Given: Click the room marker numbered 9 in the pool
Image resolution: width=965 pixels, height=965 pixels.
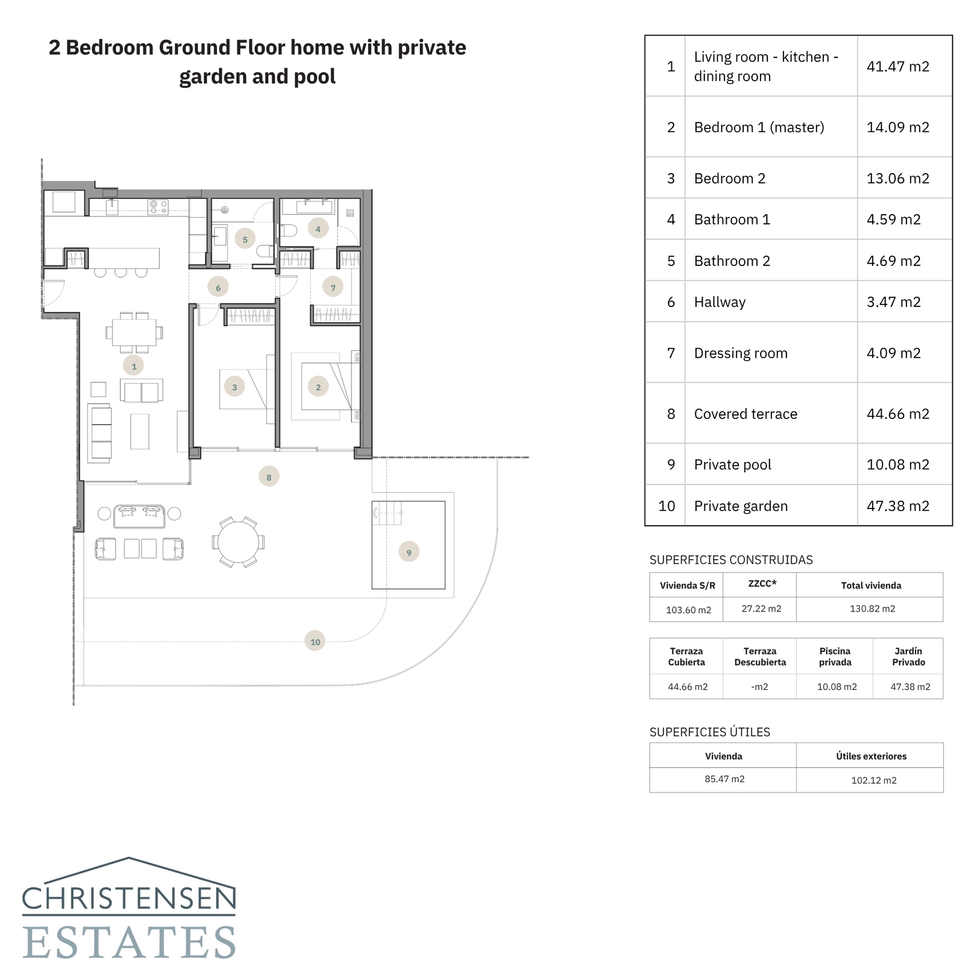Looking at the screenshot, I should pos(409,552).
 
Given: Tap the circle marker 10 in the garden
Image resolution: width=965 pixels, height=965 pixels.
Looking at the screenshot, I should pos(315,641).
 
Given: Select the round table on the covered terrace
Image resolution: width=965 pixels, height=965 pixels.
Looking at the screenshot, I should pos(238,542).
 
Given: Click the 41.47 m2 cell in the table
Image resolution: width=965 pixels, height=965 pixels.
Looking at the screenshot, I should pos(897,66).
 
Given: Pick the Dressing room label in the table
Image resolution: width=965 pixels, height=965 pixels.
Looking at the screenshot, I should pos(740,353).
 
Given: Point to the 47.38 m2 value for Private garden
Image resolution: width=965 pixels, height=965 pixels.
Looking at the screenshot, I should pos(897,506).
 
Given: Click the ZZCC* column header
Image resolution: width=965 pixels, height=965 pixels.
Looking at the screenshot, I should pos(762,584).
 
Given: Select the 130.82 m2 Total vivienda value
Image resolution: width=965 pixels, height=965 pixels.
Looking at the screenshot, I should pos(872,609).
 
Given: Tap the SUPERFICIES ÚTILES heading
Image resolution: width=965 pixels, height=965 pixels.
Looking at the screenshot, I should pos(709,732).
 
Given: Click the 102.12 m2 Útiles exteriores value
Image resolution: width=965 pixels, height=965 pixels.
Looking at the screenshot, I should pos(873,780).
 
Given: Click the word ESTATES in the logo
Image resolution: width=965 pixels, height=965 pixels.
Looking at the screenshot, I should pos(129,942).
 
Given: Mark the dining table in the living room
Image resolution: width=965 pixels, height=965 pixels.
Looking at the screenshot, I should pos(134,332).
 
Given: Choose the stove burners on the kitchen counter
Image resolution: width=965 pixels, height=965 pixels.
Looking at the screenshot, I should pos(159,207).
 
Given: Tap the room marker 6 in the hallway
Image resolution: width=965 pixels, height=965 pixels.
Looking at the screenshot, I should pos(218,288).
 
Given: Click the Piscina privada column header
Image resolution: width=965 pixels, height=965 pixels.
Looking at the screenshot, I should pos(835,656).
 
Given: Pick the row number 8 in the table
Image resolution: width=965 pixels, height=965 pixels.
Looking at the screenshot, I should pos(670,414).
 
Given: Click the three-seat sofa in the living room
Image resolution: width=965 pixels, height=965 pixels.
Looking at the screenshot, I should pos(100,433).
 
